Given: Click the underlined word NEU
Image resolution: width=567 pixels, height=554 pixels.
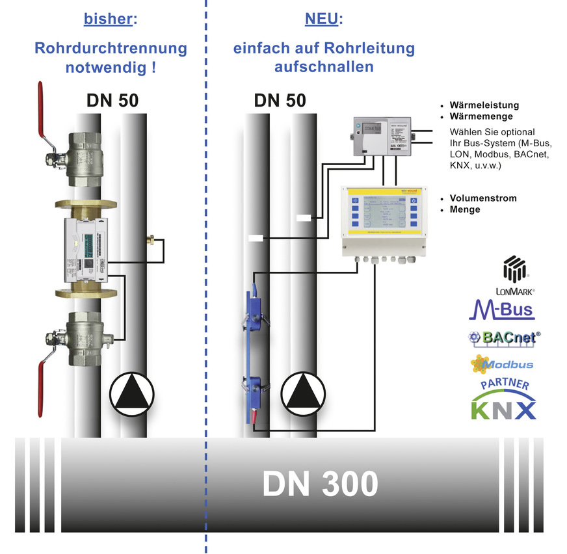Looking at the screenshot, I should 321,20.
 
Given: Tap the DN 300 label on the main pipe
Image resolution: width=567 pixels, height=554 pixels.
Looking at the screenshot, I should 320,484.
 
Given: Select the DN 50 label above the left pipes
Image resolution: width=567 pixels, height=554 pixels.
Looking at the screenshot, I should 112,101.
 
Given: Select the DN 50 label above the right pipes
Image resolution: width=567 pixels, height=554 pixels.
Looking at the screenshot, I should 280,101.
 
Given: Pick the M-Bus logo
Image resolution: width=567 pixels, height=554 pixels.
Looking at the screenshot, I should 502,309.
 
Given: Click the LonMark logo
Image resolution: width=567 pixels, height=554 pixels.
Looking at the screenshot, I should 512,276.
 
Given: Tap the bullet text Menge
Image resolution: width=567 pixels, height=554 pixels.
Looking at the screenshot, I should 464,209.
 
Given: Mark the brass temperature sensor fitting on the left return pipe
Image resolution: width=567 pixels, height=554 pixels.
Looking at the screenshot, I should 153,241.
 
